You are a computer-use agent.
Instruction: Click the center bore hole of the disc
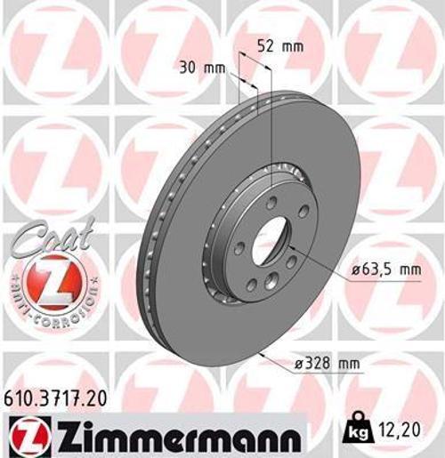pos(268,239)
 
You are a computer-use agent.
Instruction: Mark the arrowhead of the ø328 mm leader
pos(259,352)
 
